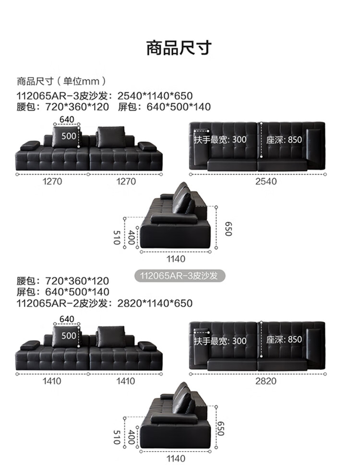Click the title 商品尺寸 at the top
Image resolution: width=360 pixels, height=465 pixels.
(179, 49)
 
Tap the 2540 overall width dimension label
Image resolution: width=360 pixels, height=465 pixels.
(266, 181)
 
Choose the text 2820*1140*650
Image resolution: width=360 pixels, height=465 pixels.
(155, 303)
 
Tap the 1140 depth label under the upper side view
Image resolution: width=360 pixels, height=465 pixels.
(176, 259)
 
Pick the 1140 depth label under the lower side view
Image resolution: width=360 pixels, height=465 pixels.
(176, 459)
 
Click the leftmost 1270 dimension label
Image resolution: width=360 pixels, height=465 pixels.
(52, 181)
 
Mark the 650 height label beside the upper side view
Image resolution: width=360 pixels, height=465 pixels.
(228, 228)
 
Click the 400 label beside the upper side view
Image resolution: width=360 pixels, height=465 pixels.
(132, 237)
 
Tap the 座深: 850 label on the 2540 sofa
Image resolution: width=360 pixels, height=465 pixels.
(285, 139)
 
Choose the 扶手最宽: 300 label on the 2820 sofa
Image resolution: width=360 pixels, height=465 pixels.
(220, 341)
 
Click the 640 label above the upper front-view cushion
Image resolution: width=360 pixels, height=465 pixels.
(67, 119)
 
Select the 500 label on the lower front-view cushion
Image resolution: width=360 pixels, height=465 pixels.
(69, 335)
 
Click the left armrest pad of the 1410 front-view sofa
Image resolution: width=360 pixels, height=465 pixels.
(30, 344)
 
